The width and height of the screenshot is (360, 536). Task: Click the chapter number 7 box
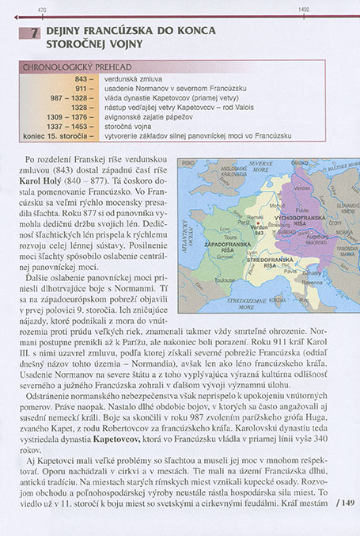click(33, 34)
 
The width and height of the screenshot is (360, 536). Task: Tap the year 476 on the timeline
click(42, 9)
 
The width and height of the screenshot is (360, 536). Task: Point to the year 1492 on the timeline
click(303, 9)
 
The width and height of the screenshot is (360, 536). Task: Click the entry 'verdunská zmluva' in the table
click(129, 80)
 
